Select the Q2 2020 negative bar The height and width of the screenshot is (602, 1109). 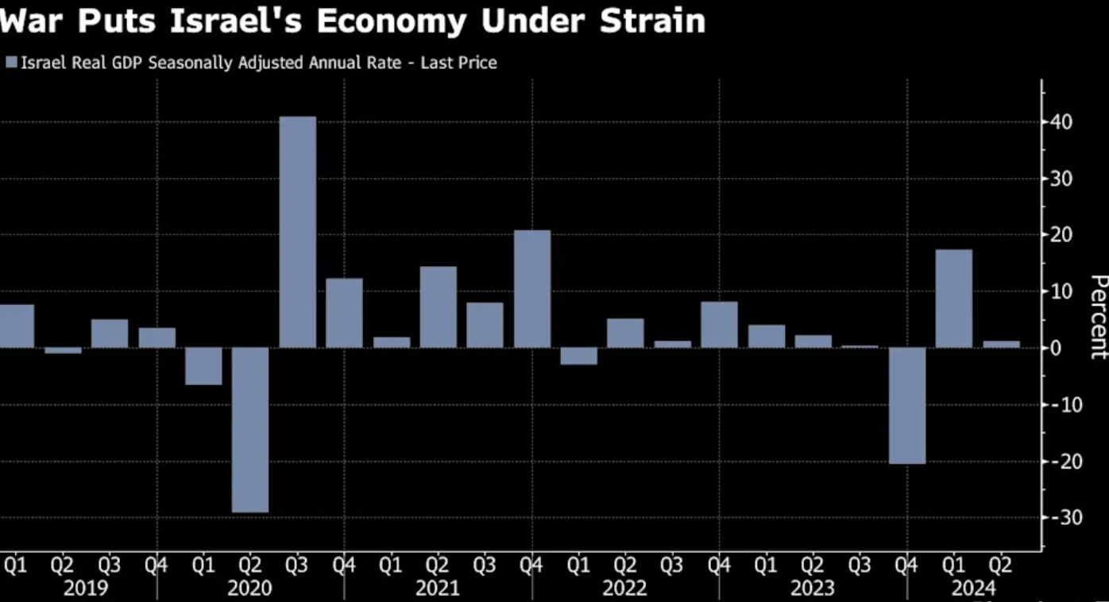[x=250, y=430]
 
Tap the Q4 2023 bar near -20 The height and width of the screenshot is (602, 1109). [x=906, y=405]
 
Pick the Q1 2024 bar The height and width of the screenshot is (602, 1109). [x=953, y=299]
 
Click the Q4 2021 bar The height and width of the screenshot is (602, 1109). [x=532, y=289]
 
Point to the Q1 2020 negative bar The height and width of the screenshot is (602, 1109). [x=203, y=366]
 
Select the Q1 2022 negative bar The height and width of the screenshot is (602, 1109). [x=578, y=356]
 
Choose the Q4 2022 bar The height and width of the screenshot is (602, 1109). [x=719, y=325]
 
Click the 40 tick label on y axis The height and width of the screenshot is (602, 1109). [x=1060, y=122]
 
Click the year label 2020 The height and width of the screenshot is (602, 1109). [x=249, y=588]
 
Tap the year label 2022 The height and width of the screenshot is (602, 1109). [x=624, y=588]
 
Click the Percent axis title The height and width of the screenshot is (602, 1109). [x=1098, y=316]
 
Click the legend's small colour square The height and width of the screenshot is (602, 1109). [x=11, y=62]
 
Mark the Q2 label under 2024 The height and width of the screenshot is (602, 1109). [x=999, y=565]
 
